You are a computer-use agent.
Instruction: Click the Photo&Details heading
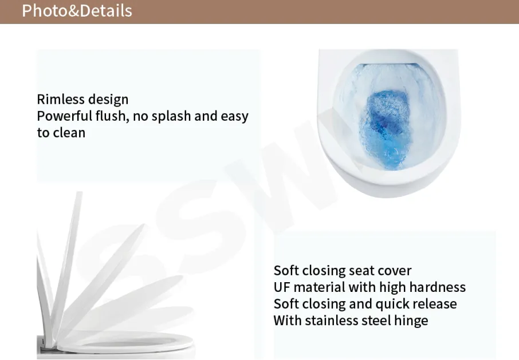point(77,10)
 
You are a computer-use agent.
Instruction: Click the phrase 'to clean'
point(61,133)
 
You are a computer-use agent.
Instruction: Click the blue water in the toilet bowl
point(387,129)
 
